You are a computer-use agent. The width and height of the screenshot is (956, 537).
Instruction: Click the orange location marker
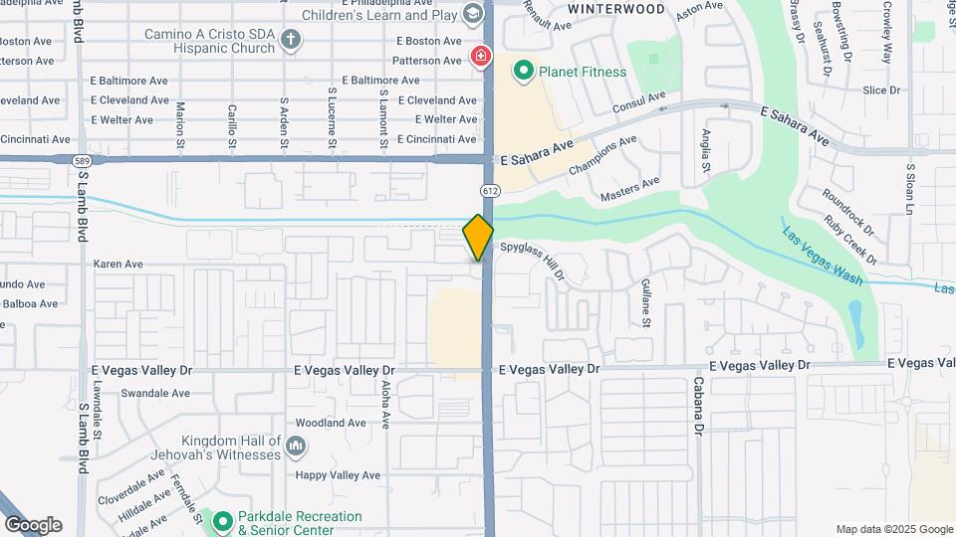click(478, 237)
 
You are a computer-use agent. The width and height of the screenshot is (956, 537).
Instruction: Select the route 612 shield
click(489, 190)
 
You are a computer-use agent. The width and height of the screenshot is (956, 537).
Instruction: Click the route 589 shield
click(83, 159)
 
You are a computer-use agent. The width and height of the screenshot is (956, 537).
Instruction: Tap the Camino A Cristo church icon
click(291, 40)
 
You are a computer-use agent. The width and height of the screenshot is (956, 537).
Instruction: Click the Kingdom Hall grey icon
click(296, 447)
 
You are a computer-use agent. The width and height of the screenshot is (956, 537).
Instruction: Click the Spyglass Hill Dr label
click(534, 258)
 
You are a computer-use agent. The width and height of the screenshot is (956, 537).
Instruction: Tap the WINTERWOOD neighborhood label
click(615, 9)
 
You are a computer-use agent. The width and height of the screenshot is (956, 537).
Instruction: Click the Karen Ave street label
click(119, 265)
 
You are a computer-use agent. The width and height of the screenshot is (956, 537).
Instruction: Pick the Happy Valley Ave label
click(339, 475)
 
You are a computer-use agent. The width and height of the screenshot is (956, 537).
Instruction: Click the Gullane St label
click(645, 303)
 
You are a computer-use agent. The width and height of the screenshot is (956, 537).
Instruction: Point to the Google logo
click(33, 524)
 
